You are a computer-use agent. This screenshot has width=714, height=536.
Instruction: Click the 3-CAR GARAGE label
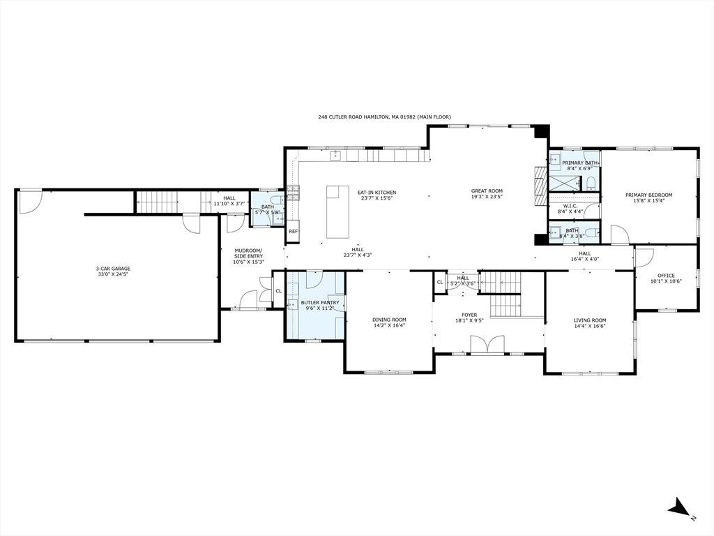[x=112, y=268]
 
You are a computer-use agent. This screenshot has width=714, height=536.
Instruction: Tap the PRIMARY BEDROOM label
[x=648, y=195]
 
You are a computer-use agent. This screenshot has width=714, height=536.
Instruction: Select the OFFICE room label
[x=666, y=276]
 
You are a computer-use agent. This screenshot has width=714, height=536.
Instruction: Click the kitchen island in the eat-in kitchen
[x=338, y=211]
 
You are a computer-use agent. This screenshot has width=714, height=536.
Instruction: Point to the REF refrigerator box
[x=293, y=231]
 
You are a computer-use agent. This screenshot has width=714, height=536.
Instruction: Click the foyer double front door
[x=487, y=345]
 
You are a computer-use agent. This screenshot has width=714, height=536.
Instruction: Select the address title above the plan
[x=384, y=117]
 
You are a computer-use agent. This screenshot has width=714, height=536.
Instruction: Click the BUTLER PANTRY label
[x=320, y=302]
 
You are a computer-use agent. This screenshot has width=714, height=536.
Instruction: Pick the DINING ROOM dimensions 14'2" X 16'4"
[x=389, y=325]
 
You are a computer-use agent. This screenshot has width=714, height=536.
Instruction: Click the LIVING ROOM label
[x=589, y=320]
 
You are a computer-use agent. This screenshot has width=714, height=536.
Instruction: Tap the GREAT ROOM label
[x=487, y=191]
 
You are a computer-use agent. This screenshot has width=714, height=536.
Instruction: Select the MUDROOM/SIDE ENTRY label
[x=248, y=253]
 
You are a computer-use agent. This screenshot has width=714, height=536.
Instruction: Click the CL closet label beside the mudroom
[x=278, y=291]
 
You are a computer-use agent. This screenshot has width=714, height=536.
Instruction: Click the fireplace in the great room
[x=538, y=187]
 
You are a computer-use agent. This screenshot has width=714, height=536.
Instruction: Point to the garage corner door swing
[x=30, y=201]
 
